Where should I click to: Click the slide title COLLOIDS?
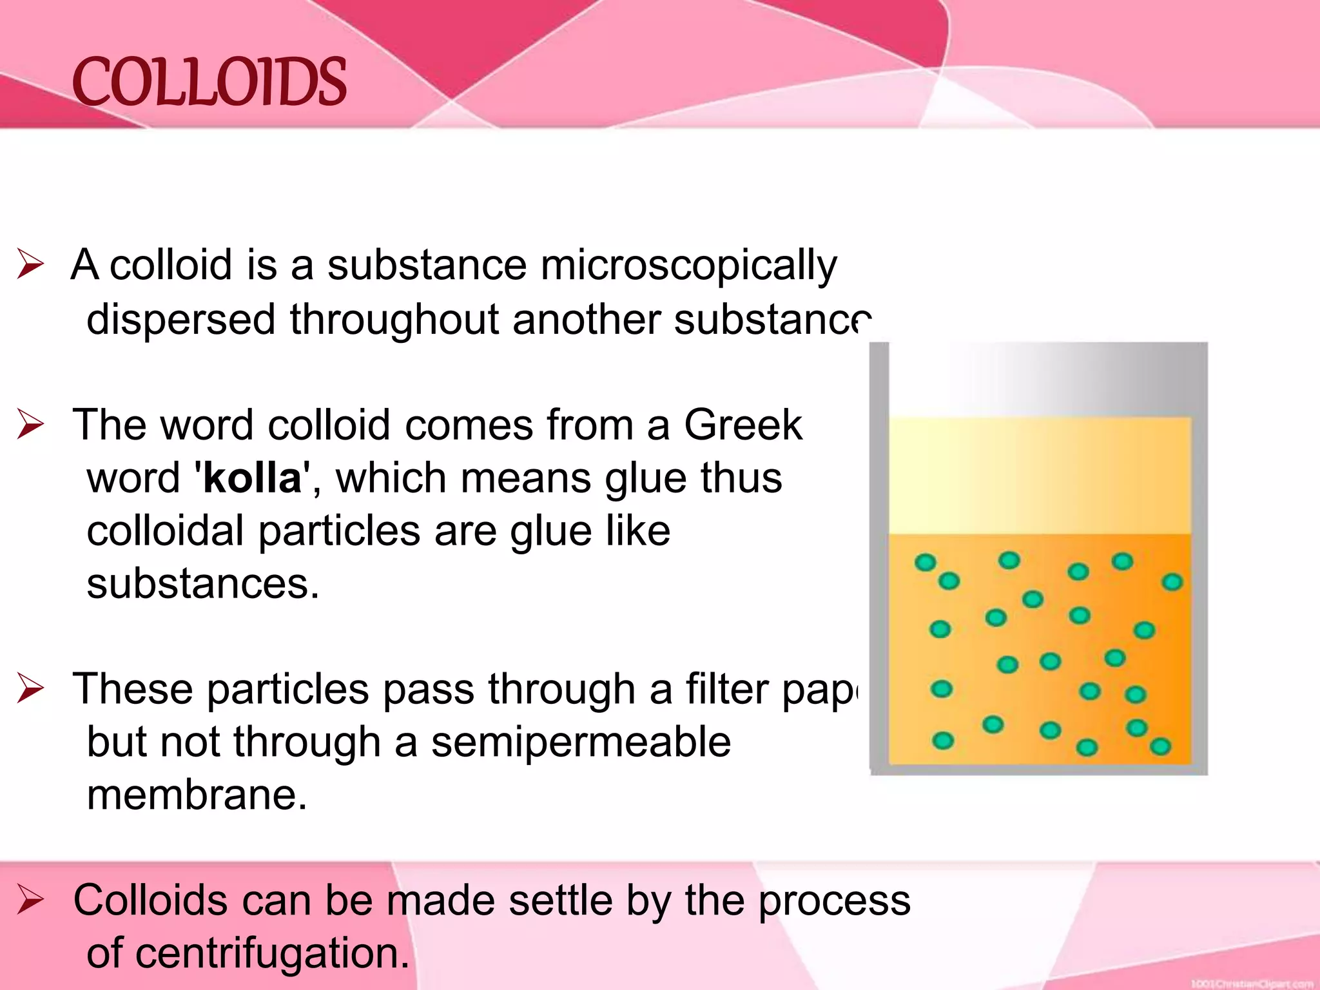tap(209, 82)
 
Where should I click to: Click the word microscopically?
tap(688, 266)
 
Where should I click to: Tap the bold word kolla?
tap(253, 478)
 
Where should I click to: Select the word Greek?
tap(742, 425)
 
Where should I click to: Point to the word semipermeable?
tap(581, 742)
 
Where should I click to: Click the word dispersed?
tap(181, 320)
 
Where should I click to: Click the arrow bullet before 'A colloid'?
tap(30, 264)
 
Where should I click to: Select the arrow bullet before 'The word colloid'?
tap(30, 424)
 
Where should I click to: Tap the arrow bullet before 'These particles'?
tap(30, 688)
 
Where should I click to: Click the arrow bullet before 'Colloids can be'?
tap(30, 899)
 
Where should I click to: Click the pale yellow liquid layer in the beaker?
tap(1039, 476)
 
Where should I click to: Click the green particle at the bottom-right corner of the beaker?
tap(1160, 747)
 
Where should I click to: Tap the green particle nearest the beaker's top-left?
tap(926, 563)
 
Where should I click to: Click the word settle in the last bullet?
tap(560, 900)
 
